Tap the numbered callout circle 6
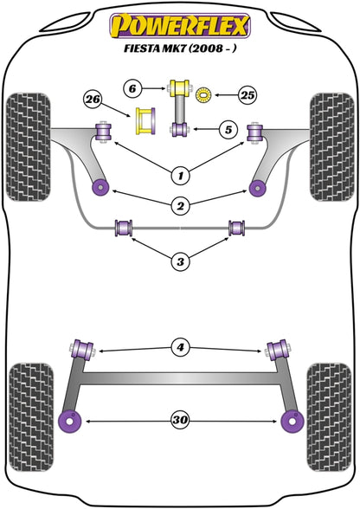[x=132, y=87]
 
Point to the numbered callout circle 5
[x=228, y=131]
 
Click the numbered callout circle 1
[x=180, y=176]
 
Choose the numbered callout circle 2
[x=180, y=205]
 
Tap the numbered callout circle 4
[x=180, y=349]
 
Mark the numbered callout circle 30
[x=180, y=421]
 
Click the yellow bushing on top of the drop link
[x=181, y=88]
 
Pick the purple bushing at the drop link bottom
[x=181, y=131]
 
